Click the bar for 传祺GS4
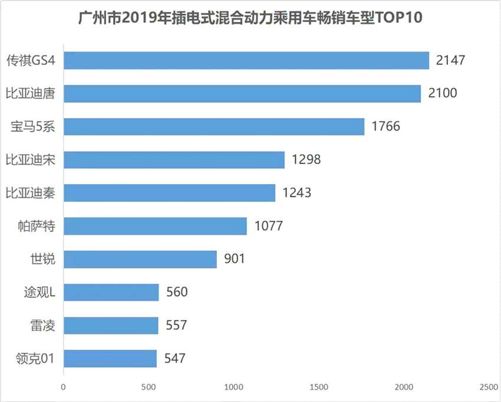[x=246, y=60]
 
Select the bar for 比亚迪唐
[x=242, y=93]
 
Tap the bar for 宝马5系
[x=214, y=126]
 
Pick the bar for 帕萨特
[x=155, y=225]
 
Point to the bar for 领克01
[x=110, y=358]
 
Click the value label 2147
[x=451, y=60]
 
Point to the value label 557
[x=176, y=325]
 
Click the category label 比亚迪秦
[x=30, y=192]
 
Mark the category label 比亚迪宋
[x=30, y=159]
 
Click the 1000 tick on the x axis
[x=234, y=387]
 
